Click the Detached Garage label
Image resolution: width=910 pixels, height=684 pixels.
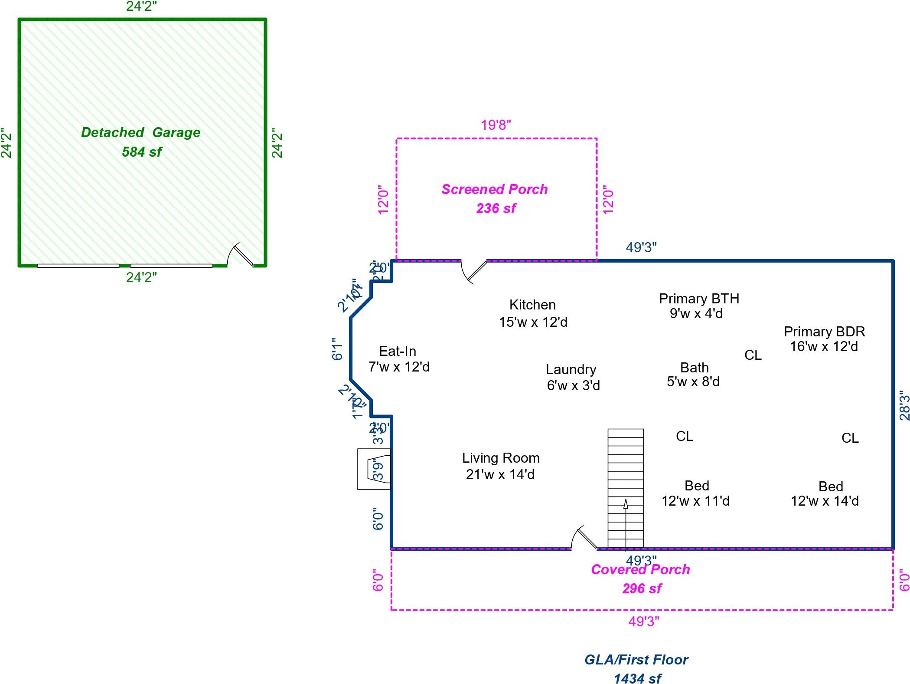(x=141, y=132)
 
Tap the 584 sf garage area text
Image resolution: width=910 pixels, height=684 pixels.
(x=142, y=152)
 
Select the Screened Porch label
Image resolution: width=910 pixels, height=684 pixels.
(x=495, y=189)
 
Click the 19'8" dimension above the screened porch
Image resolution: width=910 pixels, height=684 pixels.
(x=496, y=125)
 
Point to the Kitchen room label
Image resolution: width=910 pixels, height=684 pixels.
(x=532, y=305)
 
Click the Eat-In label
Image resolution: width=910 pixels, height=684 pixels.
(x=398, y=351)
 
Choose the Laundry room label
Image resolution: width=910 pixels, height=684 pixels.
(x=571, y=369)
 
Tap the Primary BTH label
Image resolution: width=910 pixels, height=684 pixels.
(x=699, y=299)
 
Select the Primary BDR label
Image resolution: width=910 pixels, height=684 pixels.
(x=824, y=332)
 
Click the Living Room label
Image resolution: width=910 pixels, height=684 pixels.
(x=501, y=458)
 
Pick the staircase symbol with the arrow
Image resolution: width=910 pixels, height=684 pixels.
(x=626, y=488)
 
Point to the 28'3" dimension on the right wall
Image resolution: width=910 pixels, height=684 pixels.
(x=904, y=405)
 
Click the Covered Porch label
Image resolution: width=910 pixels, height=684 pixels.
(x=640, y=569)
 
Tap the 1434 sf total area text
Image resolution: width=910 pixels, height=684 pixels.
(x=637, y=678)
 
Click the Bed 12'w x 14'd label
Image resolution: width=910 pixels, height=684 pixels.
(x=825, y=493)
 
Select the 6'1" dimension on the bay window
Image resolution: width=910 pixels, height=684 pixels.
(x=337, y=349)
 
